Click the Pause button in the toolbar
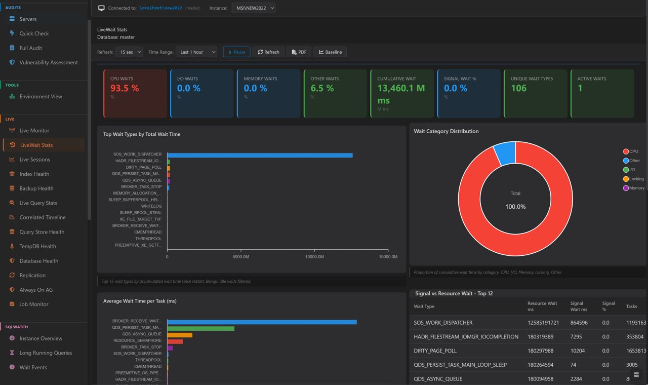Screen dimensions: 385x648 pyautogui.click(x=236, y=52)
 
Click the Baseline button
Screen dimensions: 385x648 pyautogui.click(x=330, y=52)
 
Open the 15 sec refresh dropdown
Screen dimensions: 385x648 pyautogui.click(x=129, y=52)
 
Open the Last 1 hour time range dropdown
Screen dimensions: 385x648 pyautogui.click(x=196, y=52)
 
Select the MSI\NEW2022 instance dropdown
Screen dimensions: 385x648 pyautogui.click(x=254, y=8)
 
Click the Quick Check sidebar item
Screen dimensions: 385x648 pyautogui.click(x=34, y=33)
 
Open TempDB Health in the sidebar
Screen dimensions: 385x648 pyautogui.click(x=37, y=246)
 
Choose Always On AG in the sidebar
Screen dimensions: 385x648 pyautogui.click(x=36, y=290)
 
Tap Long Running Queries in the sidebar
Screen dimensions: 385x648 pyautogui.click(x=46, y=353)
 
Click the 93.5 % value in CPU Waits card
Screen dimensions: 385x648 pyautogui.click(x=125, y=88)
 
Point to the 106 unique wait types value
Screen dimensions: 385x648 pyautogui.click(x=518, y=88)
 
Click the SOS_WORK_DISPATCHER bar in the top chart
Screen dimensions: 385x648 pyautogui.click(x=260, y=155)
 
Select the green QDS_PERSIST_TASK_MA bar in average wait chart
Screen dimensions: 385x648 pyautogui.click(x=200, y=328)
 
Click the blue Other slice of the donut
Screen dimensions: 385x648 pyautogui.click(x=505, y=152)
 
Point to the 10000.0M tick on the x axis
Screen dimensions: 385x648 pyautogui.click(x=314, y=257)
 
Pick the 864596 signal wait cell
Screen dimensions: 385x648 pyautogui.click(x=579, y=323)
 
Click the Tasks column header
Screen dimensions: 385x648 pyautogui.click(x=631, y=306)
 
